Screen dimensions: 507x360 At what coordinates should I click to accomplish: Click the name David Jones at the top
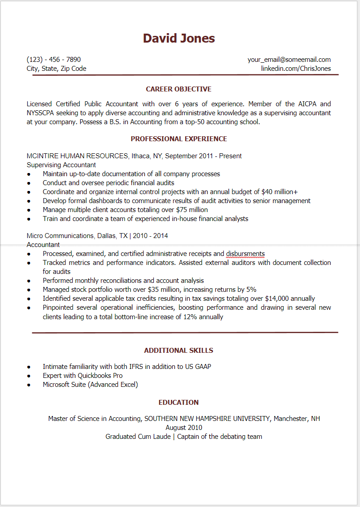point(179,39)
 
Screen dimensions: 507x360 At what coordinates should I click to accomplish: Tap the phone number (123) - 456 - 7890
point(54,60)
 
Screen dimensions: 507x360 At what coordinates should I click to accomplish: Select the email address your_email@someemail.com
point(289,60)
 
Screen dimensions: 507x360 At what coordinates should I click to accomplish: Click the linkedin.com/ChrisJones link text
point(296,69)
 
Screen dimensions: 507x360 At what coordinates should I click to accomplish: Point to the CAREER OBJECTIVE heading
point(178,89)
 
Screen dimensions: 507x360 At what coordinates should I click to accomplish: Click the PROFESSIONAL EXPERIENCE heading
point(179,139)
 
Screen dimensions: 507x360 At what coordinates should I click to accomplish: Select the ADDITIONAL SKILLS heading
point(178,351)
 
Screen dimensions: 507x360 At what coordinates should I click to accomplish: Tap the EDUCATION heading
point(178,403)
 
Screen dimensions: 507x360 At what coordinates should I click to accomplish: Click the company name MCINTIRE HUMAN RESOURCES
point(77,156)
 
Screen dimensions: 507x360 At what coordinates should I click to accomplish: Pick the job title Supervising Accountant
point(61,165)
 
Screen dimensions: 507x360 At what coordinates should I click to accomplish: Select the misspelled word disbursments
point(245,254)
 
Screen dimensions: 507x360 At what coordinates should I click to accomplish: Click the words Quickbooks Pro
point(100,376)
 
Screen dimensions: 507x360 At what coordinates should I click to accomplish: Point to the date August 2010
point(184,428)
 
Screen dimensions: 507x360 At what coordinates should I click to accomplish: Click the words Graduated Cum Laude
point(138,437)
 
